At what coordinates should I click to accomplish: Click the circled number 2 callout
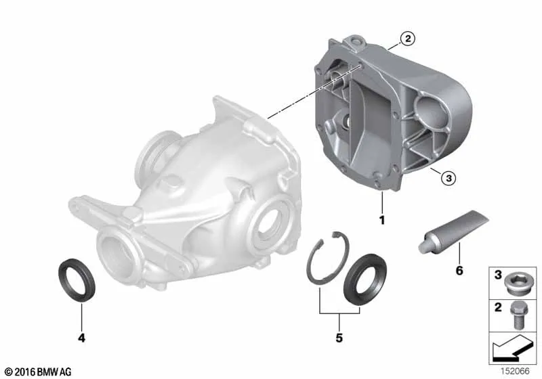[408, 39]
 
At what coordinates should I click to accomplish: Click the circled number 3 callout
[449, 178]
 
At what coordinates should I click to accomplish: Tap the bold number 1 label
[382, 220]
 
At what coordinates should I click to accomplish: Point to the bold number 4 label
[81, 338]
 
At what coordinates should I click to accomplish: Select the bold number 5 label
[339, 338]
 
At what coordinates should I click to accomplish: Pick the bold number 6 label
[459, 270]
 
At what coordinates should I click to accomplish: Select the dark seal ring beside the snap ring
[365, 280]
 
